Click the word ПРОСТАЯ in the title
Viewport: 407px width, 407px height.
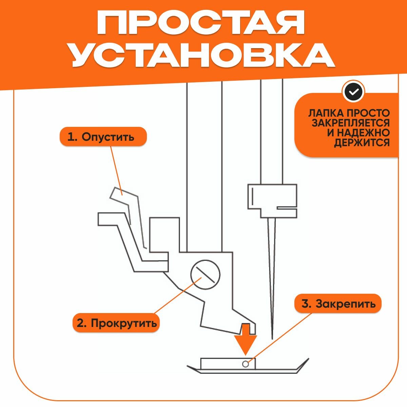click(x=201, y=23)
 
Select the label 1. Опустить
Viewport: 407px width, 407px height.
click(x=103, y=137)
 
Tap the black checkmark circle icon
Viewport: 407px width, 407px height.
click(x=353, y=92)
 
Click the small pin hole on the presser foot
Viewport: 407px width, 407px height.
click(x=246, y=364)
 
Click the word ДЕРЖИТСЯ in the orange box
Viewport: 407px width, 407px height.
click(x=362, y=143)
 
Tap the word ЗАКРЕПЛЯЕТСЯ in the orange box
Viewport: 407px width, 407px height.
click(x=351, y=123)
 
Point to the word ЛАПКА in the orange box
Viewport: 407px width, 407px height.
click(x=324, y=113)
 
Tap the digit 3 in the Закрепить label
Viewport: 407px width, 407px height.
click(x=306, y=304)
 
